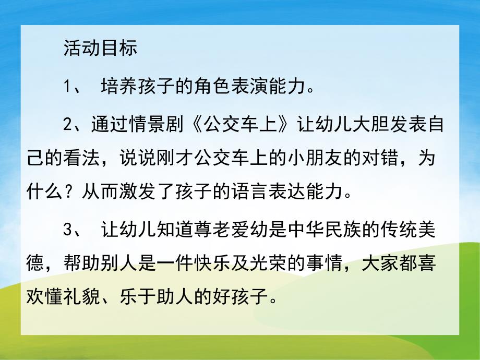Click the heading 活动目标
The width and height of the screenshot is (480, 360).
point(100,48)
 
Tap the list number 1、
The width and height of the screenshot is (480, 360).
point(73,87)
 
